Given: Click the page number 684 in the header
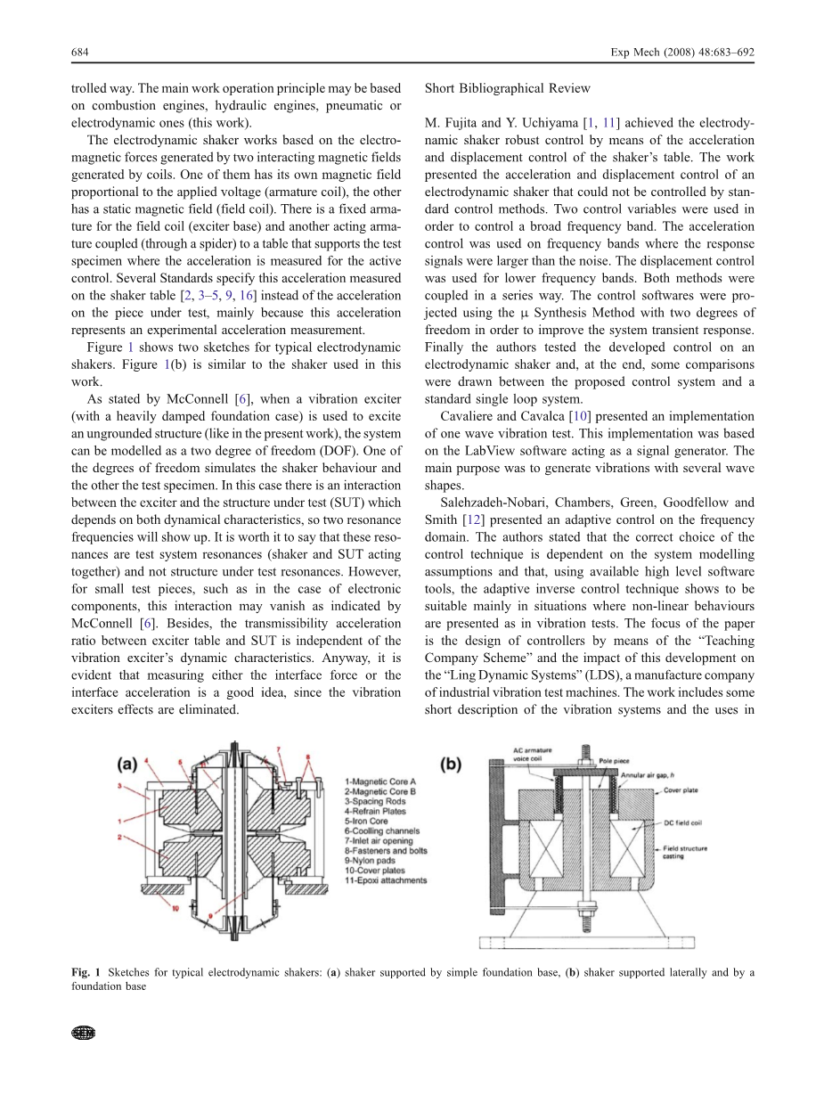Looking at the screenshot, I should pyautogui.click(x=80, y=52).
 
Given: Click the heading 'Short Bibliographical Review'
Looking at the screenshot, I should pyautogui.click(x=508, y=88).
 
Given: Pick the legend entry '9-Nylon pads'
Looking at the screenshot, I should pyautogui.click(x=368, y=861).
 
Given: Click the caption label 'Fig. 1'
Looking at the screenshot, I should pyautogui.click(x=86, y=972).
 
